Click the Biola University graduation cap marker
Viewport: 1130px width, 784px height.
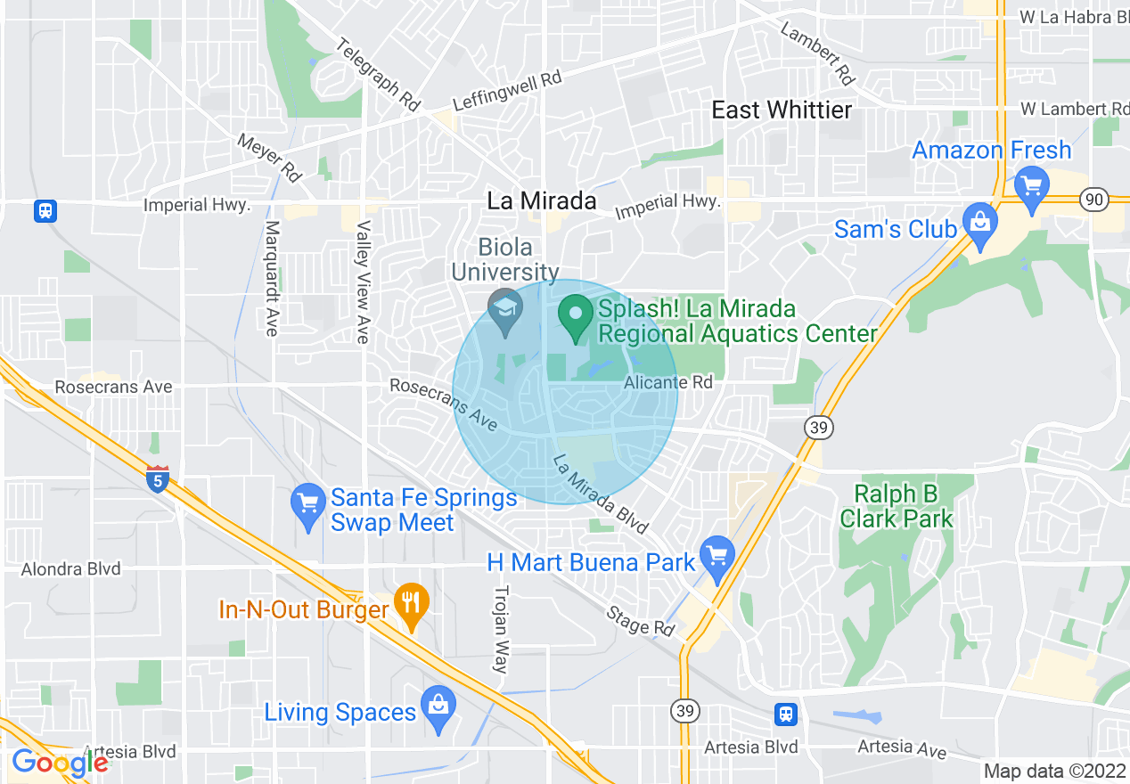506,312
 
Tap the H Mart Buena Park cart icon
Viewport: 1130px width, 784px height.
716,554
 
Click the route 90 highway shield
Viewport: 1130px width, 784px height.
1094,199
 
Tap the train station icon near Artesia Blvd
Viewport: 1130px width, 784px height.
785,713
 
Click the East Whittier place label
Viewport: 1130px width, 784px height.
782,110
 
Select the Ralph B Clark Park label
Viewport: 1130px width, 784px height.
897,506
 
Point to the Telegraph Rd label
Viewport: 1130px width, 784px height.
379,75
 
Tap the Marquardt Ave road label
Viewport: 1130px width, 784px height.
272,278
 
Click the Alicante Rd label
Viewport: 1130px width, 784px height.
668,382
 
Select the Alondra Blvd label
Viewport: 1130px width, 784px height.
70,568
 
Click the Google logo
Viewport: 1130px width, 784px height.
60,763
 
